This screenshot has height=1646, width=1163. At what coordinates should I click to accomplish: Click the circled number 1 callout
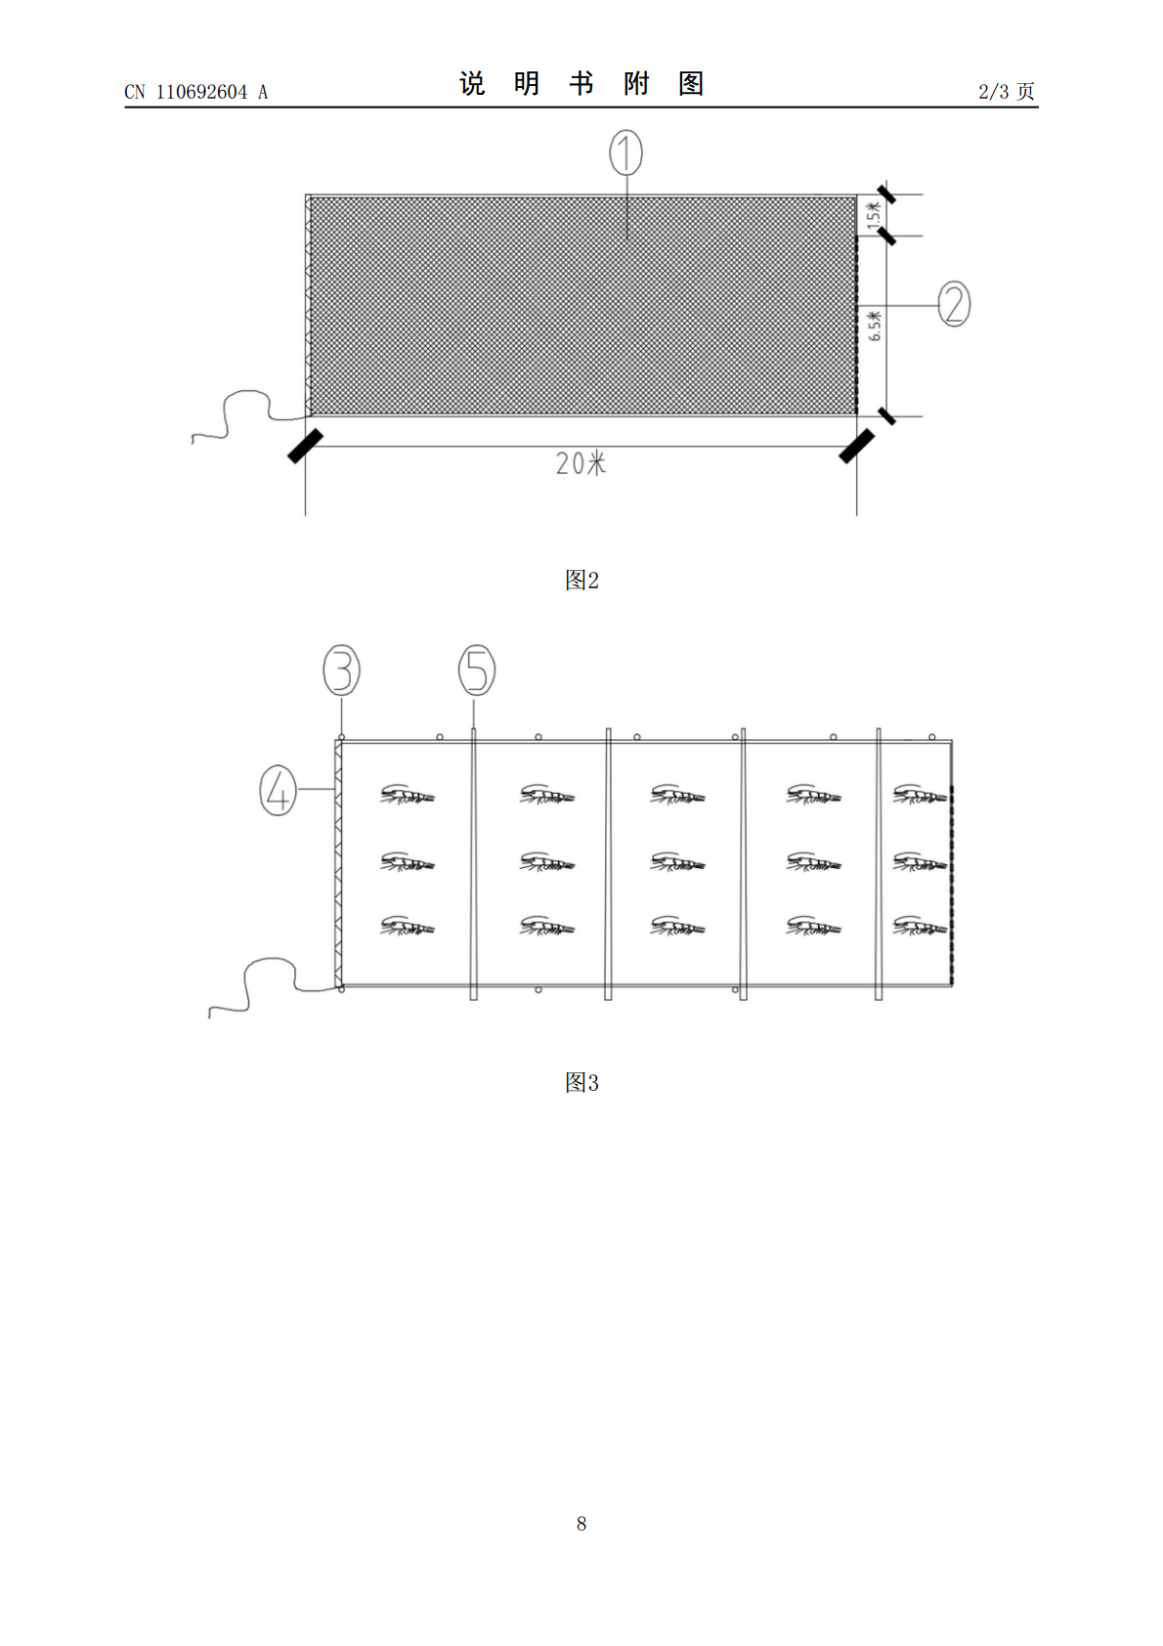pyautogui.click(x=625, y=152)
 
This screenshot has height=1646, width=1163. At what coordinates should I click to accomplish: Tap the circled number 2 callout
pyautogui.click(x=955, y=303)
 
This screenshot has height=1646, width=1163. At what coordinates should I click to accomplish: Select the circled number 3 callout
pyautogui.click(x=342, y=670)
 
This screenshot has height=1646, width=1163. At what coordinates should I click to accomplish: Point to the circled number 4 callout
pyautogui.click(x=279, y=791)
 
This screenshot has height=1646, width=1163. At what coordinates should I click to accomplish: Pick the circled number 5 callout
pyautogui.click(x=477, y=670)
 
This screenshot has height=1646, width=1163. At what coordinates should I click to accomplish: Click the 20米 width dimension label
pyautogui.click(x=581, y=463)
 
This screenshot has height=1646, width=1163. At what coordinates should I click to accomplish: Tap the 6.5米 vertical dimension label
pyautogui.click(x=875, y=325)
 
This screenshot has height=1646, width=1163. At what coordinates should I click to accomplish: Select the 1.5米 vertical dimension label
pyautogui.click(x=874, y=216)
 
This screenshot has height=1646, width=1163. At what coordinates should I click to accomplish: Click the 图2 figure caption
pyautogui.click(x=581, y=580)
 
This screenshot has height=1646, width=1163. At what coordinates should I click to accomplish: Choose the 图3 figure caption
pyautogui.click(x=581, y=1082)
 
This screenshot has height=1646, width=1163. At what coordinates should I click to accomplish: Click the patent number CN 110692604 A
pyautogui.click(x=196, y=92)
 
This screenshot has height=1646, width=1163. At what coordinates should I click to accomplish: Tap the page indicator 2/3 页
pyautogui.click(x=1007, y=91)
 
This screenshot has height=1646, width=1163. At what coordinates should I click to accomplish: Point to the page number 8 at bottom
pyautogui.click(x=581, y=1524)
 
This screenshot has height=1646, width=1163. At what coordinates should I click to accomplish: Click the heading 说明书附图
pyautogui.click(x=581, y=84)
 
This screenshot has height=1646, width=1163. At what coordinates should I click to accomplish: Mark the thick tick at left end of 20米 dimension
pyautogui.click(x=305, y=447)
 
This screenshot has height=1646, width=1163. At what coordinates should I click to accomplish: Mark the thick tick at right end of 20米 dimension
pyautogui.click(x=857, y=447)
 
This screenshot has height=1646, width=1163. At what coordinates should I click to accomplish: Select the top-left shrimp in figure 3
pyautogui.click(x=407, y=795)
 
